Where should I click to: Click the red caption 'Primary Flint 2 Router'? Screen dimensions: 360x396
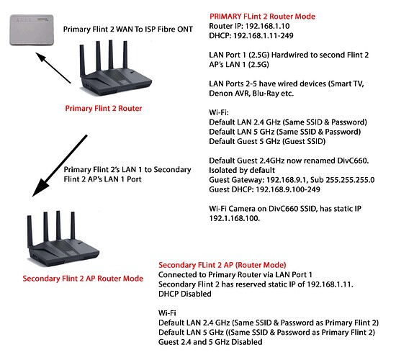pos(116,109)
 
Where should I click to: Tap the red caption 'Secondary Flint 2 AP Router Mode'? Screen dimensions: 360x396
pos(83,279)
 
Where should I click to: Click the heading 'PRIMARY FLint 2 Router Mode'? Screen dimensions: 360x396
pos(261,16)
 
